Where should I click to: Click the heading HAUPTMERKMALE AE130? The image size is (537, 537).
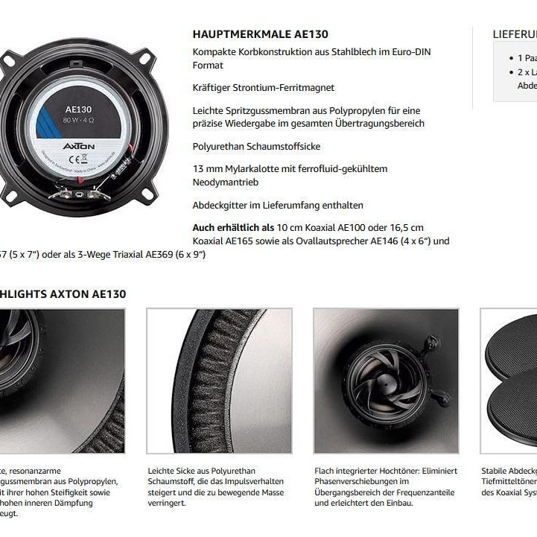pyautogui.click(x=260, y=34)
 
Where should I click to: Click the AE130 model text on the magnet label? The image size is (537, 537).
pyautogui.click(x=78, y=109)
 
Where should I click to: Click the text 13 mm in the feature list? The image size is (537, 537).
pyautogui.click(x=206, y=169)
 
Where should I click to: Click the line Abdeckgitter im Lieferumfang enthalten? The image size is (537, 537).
pyautogui.click(x=278, y=205)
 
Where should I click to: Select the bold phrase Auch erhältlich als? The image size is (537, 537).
pyautogui.click(x=233, y=228)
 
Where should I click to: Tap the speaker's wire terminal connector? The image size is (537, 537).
pyautogui.click(x=78, y=194)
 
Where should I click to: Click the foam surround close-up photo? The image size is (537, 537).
pyautogui.click(x=219, y=381)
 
